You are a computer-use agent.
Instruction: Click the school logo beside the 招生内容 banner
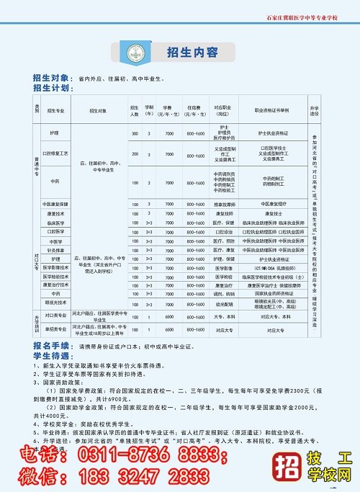[x=132, y=53]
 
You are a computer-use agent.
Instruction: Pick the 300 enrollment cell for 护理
[x=135, y=135]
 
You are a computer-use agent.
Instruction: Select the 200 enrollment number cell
[x=135, y=153]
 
